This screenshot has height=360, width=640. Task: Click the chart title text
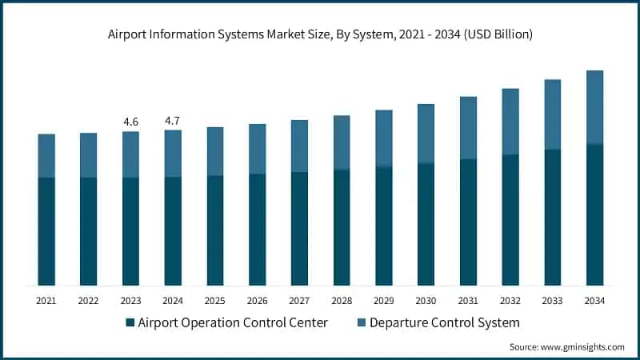320,34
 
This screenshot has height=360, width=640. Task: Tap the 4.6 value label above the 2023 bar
130,122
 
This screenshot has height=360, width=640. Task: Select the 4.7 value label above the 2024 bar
173,121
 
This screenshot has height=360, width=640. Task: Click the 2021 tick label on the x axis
46,301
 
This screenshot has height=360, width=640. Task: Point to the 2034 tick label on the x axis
594,301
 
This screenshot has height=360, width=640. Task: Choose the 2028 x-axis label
341,301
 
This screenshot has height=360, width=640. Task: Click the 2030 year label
426,301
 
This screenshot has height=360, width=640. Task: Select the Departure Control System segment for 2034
594,107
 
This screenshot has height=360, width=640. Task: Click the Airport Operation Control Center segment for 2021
46,231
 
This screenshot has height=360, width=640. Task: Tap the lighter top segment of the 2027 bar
299,146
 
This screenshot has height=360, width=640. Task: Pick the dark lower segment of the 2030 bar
426,224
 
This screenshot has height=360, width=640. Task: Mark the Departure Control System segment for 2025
215,151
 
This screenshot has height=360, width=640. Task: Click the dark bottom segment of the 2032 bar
510,220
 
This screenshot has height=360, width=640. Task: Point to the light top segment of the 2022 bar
88,155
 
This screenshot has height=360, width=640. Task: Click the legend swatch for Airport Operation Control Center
130,323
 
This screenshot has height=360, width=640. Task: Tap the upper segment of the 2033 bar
552,114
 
